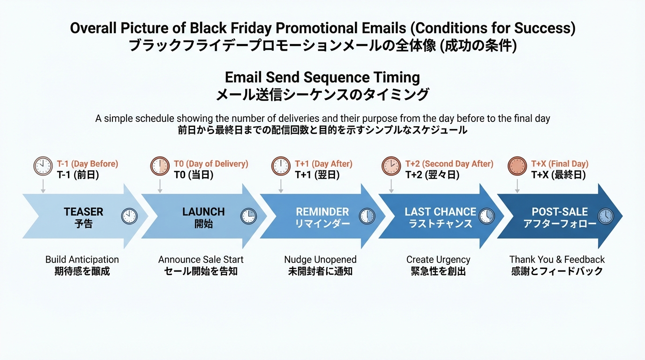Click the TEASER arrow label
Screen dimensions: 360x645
[x=83, y=212]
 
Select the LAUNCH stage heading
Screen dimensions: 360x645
[x=203, y=212]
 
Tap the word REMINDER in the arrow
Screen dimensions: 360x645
[x=322, y=212]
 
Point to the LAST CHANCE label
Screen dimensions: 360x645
[x=440, y=212]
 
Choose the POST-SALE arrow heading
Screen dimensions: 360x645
[x=560, y=212]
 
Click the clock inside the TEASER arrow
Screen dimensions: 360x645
[x=129, y=216]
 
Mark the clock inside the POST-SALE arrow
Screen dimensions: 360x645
[x=606, y=216]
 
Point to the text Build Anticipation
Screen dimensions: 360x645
[x=82, y=260]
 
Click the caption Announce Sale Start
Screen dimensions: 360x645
[x=201, y=260]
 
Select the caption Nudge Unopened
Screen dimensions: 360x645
[x=320, y=260]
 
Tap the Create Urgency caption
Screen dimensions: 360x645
[x=438, y=260]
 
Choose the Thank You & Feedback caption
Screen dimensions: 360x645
[x=557, y=260]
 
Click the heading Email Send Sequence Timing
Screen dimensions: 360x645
[x=322, y=77]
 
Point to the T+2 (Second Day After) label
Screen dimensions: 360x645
[x=449, y=164]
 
